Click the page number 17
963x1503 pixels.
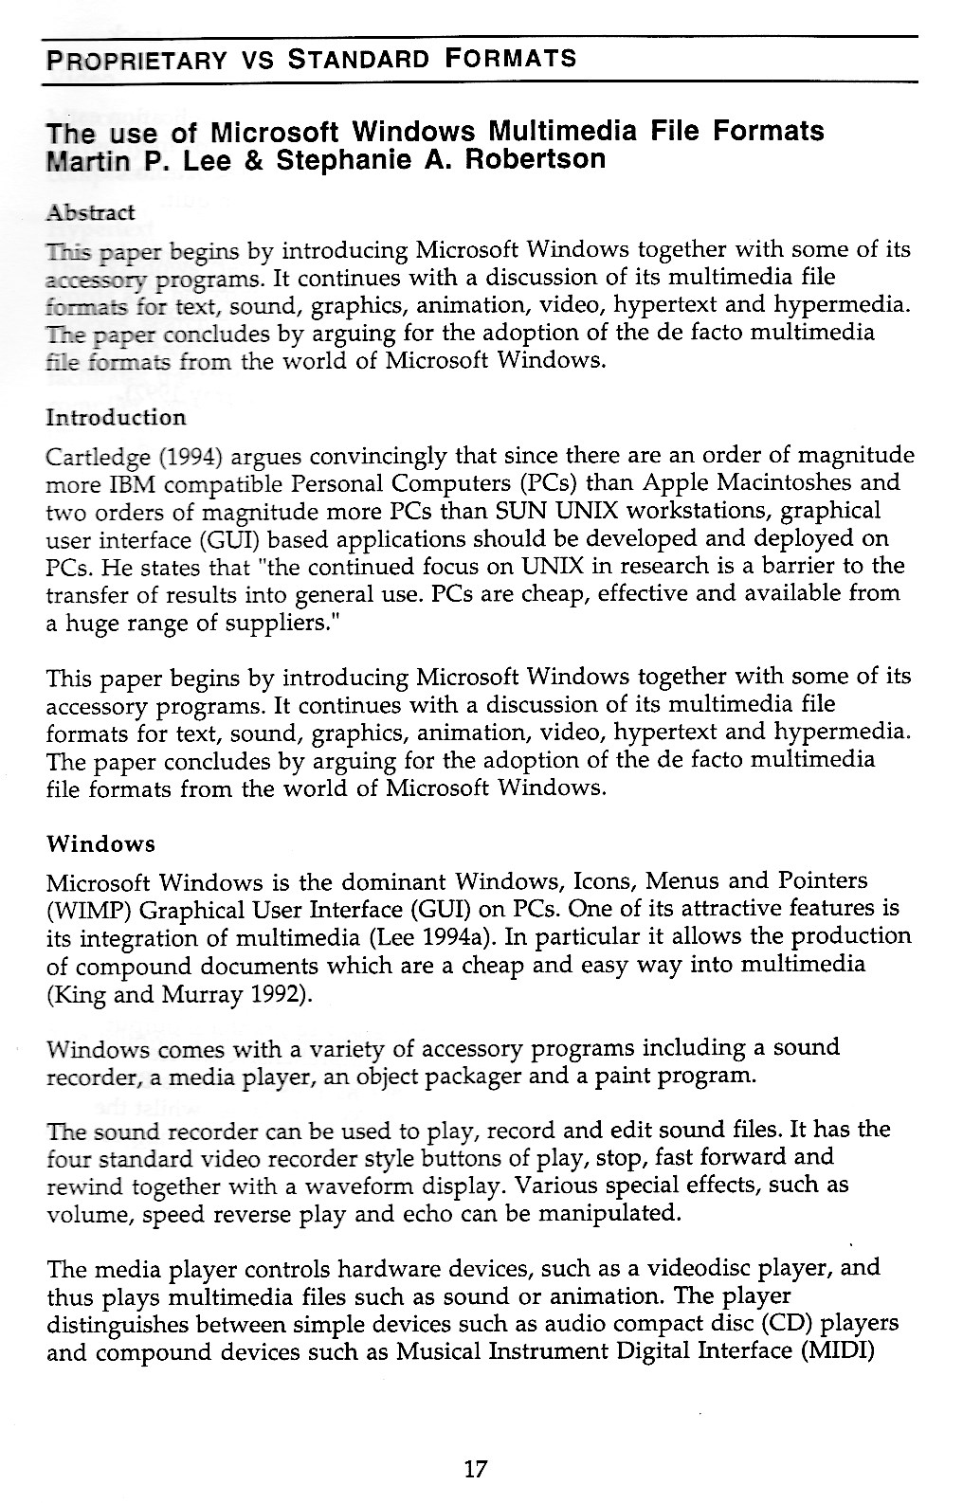click(476, 1470)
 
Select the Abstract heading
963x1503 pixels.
click(91, 211)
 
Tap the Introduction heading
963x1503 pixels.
click(116, 417)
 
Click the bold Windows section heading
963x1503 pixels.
click(100, 843)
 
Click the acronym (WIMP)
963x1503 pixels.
click(80, 910)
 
